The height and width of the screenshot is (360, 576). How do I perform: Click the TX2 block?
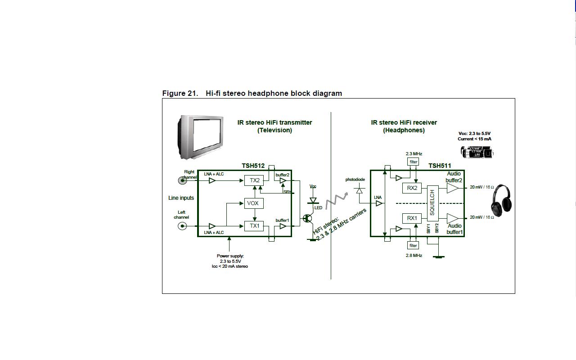click(x=254, y=180)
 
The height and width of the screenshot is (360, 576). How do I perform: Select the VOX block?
click(x=253, y=203)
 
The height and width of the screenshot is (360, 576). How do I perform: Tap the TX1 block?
click(x=254, y=226)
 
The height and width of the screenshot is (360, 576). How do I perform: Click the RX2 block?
click(x=412, y=188)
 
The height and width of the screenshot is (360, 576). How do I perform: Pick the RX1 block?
click(x=412, y=218)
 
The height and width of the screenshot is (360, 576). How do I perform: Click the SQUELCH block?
click(x=432, y=203)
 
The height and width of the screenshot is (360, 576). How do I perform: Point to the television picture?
click(x=201, y=137)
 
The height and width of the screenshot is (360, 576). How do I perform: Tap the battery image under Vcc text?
click(x=477, y=153)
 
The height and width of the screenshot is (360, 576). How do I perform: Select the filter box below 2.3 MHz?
click(x=413, y=162)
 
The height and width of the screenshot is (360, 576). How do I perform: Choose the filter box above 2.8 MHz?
click(x=413, y=245)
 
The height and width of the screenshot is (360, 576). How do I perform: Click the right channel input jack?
click(x=182, y=180)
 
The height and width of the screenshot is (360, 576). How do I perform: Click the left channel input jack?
click(x=182, y=226)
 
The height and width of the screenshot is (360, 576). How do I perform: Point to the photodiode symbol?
click(x=359, y=191)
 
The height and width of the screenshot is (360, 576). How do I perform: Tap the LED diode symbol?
click(x=313, y=201)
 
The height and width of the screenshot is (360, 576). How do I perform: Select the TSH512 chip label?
click(x=253, y=166)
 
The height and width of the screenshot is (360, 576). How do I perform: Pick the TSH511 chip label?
click(x=440, y=166)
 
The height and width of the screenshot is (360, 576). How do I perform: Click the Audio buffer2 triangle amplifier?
click(x=452, y=188)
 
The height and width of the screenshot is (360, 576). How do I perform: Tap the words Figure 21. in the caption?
click(x=180, y=93)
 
